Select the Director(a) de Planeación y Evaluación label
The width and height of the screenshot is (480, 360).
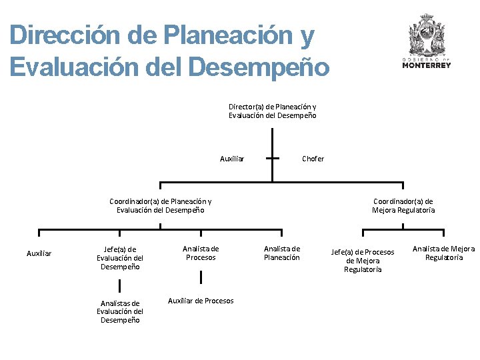coord(272,111)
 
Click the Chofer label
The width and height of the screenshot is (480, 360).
coord(313,159)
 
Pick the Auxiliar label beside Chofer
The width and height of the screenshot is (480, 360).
coord(232,159)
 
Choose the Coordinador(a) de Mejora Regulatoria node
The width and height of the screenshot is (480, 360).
coord(403,205)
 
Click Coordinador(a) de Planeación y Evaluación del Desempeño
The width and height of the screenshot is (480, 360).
coord(161,205)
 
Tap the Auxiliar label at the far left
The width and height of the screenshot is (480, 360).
coord(39,253)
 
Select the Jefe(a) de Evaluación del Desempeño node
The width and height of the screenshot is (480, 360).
coord(120,258)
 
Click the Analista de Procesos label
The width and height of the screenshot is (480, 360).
coord(201,253)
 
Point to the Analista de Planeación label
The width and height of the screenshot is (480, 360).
coord(282,253)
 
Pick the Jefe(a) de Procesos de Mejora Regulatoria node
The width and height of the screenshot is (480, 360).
coord(363,261)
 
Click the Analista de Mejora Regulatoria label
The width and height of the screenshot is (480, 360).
coord(443,253)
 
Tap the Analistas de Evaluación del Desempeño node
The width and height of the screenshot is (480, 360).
coord(120,311)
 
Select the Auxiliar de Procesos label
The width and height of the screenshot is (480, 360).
coord(201,301)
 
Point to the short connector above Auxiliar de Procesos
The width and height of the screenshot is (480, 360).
coord(201,277)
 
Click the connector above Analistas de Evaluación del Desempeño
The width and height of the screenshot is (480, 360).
coord(120,285)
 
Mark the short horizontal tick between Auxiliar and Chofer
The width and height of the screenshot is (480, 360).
coord(272,159)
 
